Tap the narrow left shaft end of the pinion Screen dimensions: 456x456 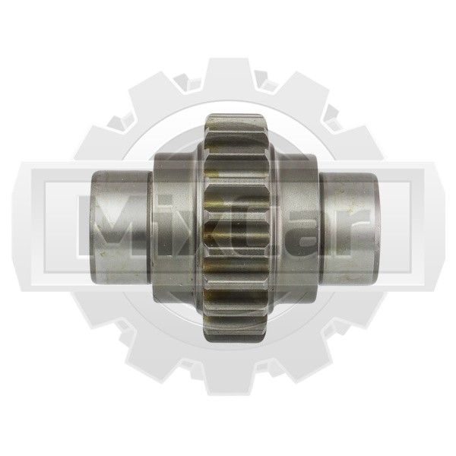coord(121,227)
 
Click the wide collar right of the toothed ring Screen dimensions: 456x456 coord(296,227)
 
